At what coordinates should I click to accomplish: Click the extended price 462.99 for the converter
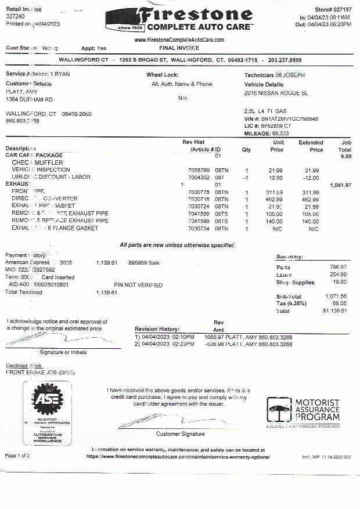tap(310, 199)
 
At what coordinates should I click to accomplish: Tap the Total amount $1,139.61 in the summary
tap(334, 311)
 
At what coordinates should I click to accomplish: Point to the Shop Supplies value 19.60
tap(339, 282)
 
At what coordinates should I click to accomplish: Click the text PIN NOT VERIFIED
tap(138, 285)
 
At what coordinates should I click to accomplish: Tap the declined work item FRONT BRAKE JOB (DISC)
tap(40, 372)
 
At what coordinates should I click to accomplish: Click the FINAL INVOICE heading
tap(179, 48)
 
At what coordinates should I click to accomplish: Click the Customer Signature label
tap(180, 434)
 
